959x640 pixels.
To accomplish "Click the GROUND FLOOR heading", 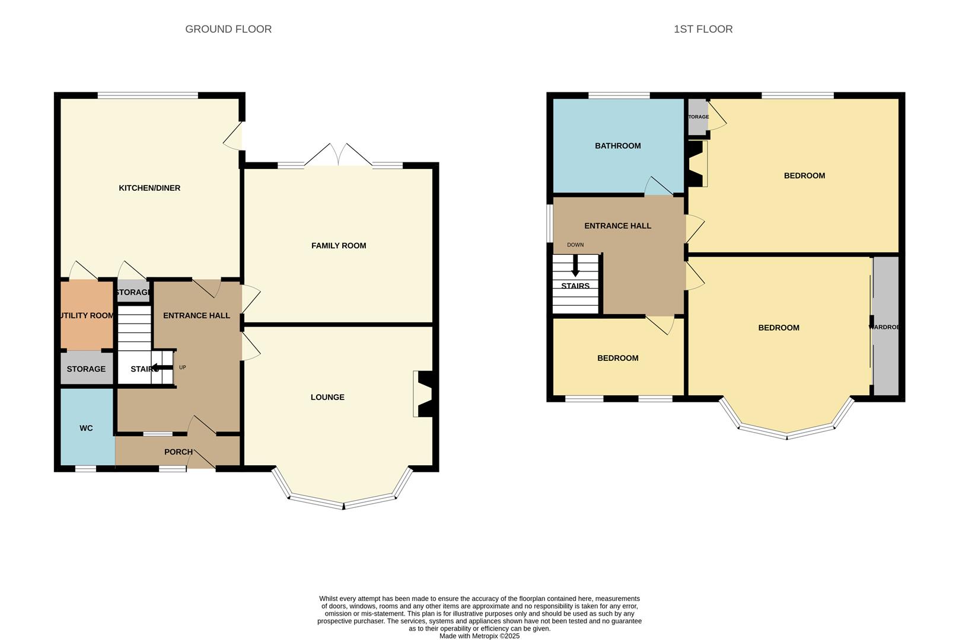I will [x=228, y=29].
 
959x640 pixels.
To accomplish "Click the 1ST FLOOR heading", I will [x=703, y=29].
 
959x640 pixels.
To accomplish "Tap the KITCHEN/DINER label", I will [x=149, y=188].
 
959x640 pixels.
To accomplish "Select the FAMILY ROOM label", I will [x=339, y=245].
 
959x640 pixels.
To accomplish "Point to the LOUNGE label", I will [x=327, y=397].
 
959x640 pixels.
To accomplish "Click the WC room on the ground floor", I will [x=87, y=427].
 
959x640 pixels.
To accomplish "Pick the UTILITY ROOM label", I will [x=87, y=315].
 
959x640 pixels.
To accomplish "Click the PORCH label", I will [x=178, y=452].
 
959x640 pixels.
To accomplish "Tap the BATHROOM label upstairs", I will [x=617, y=146].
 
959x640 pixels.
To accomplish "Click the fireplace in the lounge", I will [x=425, y=394].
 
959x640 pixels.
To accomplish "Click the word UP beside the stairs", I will [x=183, y=367].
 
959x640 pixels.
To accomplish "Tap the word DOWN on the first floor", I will [x=575, y=245].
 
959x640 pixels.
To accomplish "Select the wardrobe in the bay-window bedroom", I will [x=886, y=327].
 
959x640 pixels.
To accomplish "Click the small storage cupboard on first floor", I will [x=698, y=117].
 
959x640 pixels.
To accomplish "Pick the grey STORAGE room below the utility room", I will [x=86, y=369].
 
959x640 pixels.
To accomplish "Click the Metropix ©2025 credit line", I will [x=479, y=636].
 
